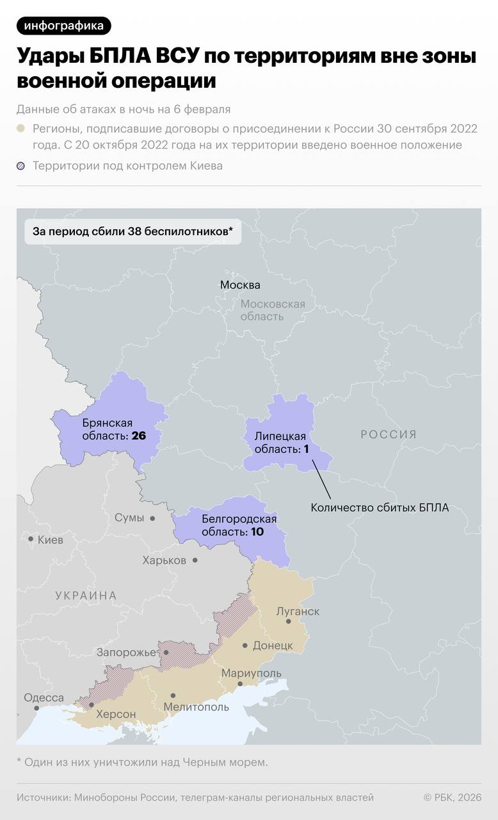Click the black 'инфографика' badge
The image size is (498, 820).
[63, 26]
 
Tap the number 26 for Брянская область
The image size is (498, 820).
[139, 436]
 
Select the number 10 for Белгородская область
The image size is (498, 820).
[257, 532]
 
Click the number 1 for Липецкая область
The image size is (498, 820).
[306, 449]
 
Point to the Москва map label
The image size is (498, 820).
[240, 285]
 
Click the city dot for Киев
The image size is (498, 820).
[31, 539]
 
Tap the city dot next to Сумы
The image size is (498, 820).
[152, 518]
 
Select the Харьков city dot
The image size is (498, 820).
[195, 560]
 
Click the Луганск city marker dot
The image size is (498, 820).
[289, 621]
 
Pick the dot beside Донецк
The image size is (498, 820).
[245, 645]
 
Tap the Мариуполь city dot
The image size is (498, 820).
[240, 684]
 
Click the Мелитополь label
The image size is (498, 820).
[196, 707]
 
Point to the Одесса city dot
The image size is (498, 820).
[36, 708]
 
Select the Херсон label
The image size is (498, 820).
[116, 714]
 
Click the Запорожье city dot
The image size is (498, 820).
[166, 653]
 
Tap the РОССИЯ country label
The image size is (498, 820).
[389, 434]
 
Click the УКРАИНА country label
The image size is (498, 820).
[86, 596]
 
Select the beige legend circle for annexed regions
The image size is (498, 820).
[21, 128]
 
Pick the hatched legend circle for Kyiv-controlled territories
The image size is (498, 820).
[21, 166]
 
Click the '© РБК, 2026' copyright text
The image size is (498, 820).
[452, 798]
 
